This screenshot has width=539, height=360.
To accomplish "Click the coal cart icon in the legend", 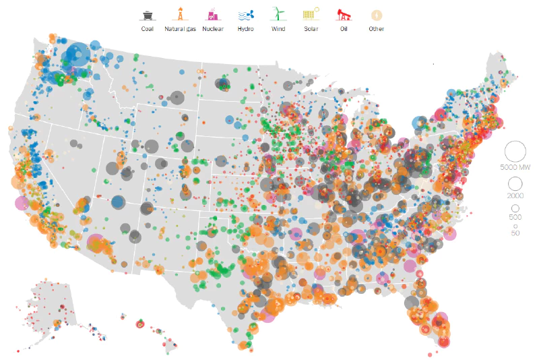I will click(x=147, y=14).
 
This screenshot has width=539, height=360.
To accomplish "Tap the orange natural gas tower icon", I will click(x=180, y=14).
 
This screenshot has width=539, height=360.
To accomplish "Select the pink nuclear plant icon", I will click(x=213, y=14).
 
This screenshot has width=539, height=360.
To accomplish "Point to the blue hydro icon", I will click(x=245, y=14).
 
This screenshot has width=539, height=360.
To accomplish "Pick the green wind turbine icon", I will click(x=278, y=14).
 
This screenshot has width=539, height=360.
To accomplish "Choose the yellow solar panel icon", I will click(x=311, y=14).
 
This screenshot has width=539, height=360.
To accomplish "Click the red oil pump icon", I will click(x=343, y=14).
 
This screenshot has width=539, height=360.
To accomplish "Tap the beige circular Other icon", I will click(x=376, y=14).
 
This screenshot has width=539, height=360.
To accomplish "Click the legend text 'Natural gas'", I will click(x=180, y=29).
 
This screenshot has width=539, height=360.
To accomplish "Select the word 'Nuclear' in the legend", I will click(x=213, y=29).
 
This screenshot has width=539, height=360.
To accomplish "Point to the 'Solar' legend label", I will click(x=311, y=29).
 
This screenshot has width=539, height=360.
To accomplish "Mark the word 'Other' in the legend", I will click(x=376, y=29).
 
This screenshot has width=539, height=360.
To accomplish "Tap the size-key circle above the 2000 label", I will click(x=515, y=183).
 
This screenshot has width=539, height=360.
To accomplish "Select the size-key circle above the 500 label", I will click(x=515, y=208).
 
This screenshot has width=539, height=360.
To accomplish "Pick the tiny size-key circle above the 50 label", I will click(x=515, y=226).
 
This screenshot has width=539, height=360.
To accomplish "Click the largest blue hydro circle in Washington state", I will click(x=77, y=54).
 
